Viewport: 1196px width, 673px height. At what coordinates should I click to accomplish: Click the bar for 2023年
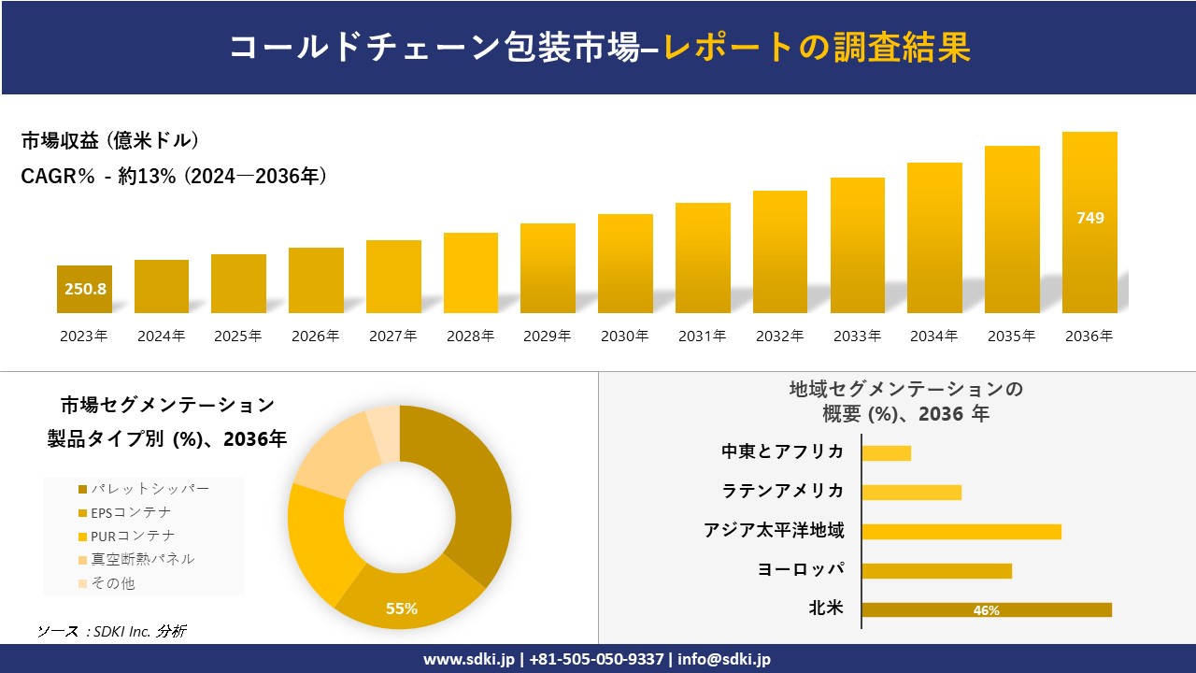click(84, 289)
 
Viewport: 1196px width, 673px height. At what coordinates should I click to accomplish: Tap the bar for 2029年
click(548, 268)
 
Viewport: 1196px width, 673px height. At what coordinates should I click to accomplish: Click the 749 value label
click(1089, 218)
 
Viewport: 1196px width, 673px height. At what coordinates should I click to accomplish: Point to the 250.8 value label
click(85, 289)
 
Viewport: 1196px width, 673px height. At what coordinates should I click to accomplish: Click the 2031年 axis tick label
click(702, 336)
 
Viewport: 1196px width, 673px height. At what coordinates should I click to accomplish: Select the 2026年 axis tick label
click(315, 336)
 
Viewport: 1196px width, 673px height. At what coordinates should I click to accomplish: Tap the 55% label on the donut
click(402, 609)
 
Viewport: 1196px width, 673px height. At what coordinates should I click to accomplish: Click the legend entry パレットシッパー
click(149, 489)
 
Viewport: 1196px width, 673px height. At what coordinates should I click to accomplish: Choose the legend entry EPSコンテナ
click(131, 512)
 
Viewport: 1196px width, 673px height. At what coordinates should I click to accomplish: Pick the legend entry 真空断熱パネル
click(142, 559)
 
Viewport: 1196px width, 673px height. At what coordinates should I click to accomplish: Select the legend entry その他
click(112, 583)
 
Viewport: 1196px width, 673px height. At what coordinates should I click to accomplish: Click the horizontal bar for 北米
click(987, 609)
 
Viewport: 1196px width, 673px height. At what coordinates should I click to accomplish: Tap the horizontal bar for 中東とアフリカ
click(886, 452)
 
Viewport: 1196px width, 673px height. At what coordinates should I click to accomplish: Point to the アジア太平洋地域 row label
click(774, 531)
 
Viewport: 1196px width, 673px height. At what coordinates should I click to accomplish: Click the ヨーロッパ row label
click(801, 570)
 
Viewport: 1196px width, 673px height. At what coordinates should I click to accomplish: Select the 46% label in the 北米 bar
click(987, 610)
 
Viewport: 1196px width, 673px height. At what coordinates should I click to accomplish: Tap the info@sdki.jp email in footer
click(726, 659)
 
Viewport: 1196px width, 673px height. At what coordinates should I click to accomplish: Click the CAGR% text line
click(174, 177)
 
